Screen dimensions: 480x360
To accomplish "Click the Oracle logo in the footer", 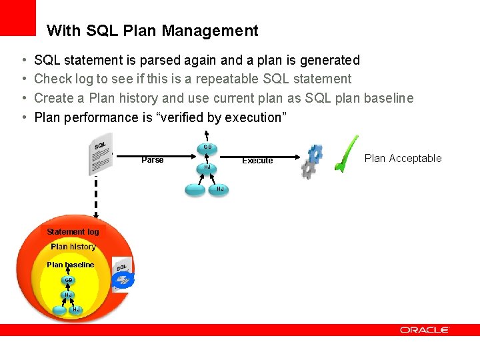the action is point(425,330).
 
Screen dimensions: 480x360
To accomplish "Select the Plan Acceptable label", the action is point(403,158).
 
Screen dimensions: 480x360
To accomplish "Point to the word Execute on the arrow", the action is point(257,161).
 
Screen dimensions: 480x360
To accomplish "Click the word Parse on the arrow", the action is point(153,160).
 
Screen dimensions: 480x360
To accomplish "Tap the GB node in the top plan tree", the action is point(207,147).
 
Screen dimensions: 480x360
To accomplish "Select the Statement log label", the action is point(73,232).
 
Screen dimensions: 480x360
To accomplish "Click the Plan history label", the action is point(73,247).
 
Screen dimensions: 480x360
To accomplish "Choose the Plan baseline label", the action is point(71,265).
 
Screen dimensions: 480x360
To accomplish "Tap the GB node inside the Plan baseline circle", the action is point(69,280).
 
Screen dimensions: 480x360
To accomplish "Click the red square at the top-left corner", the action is point(18,17).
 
